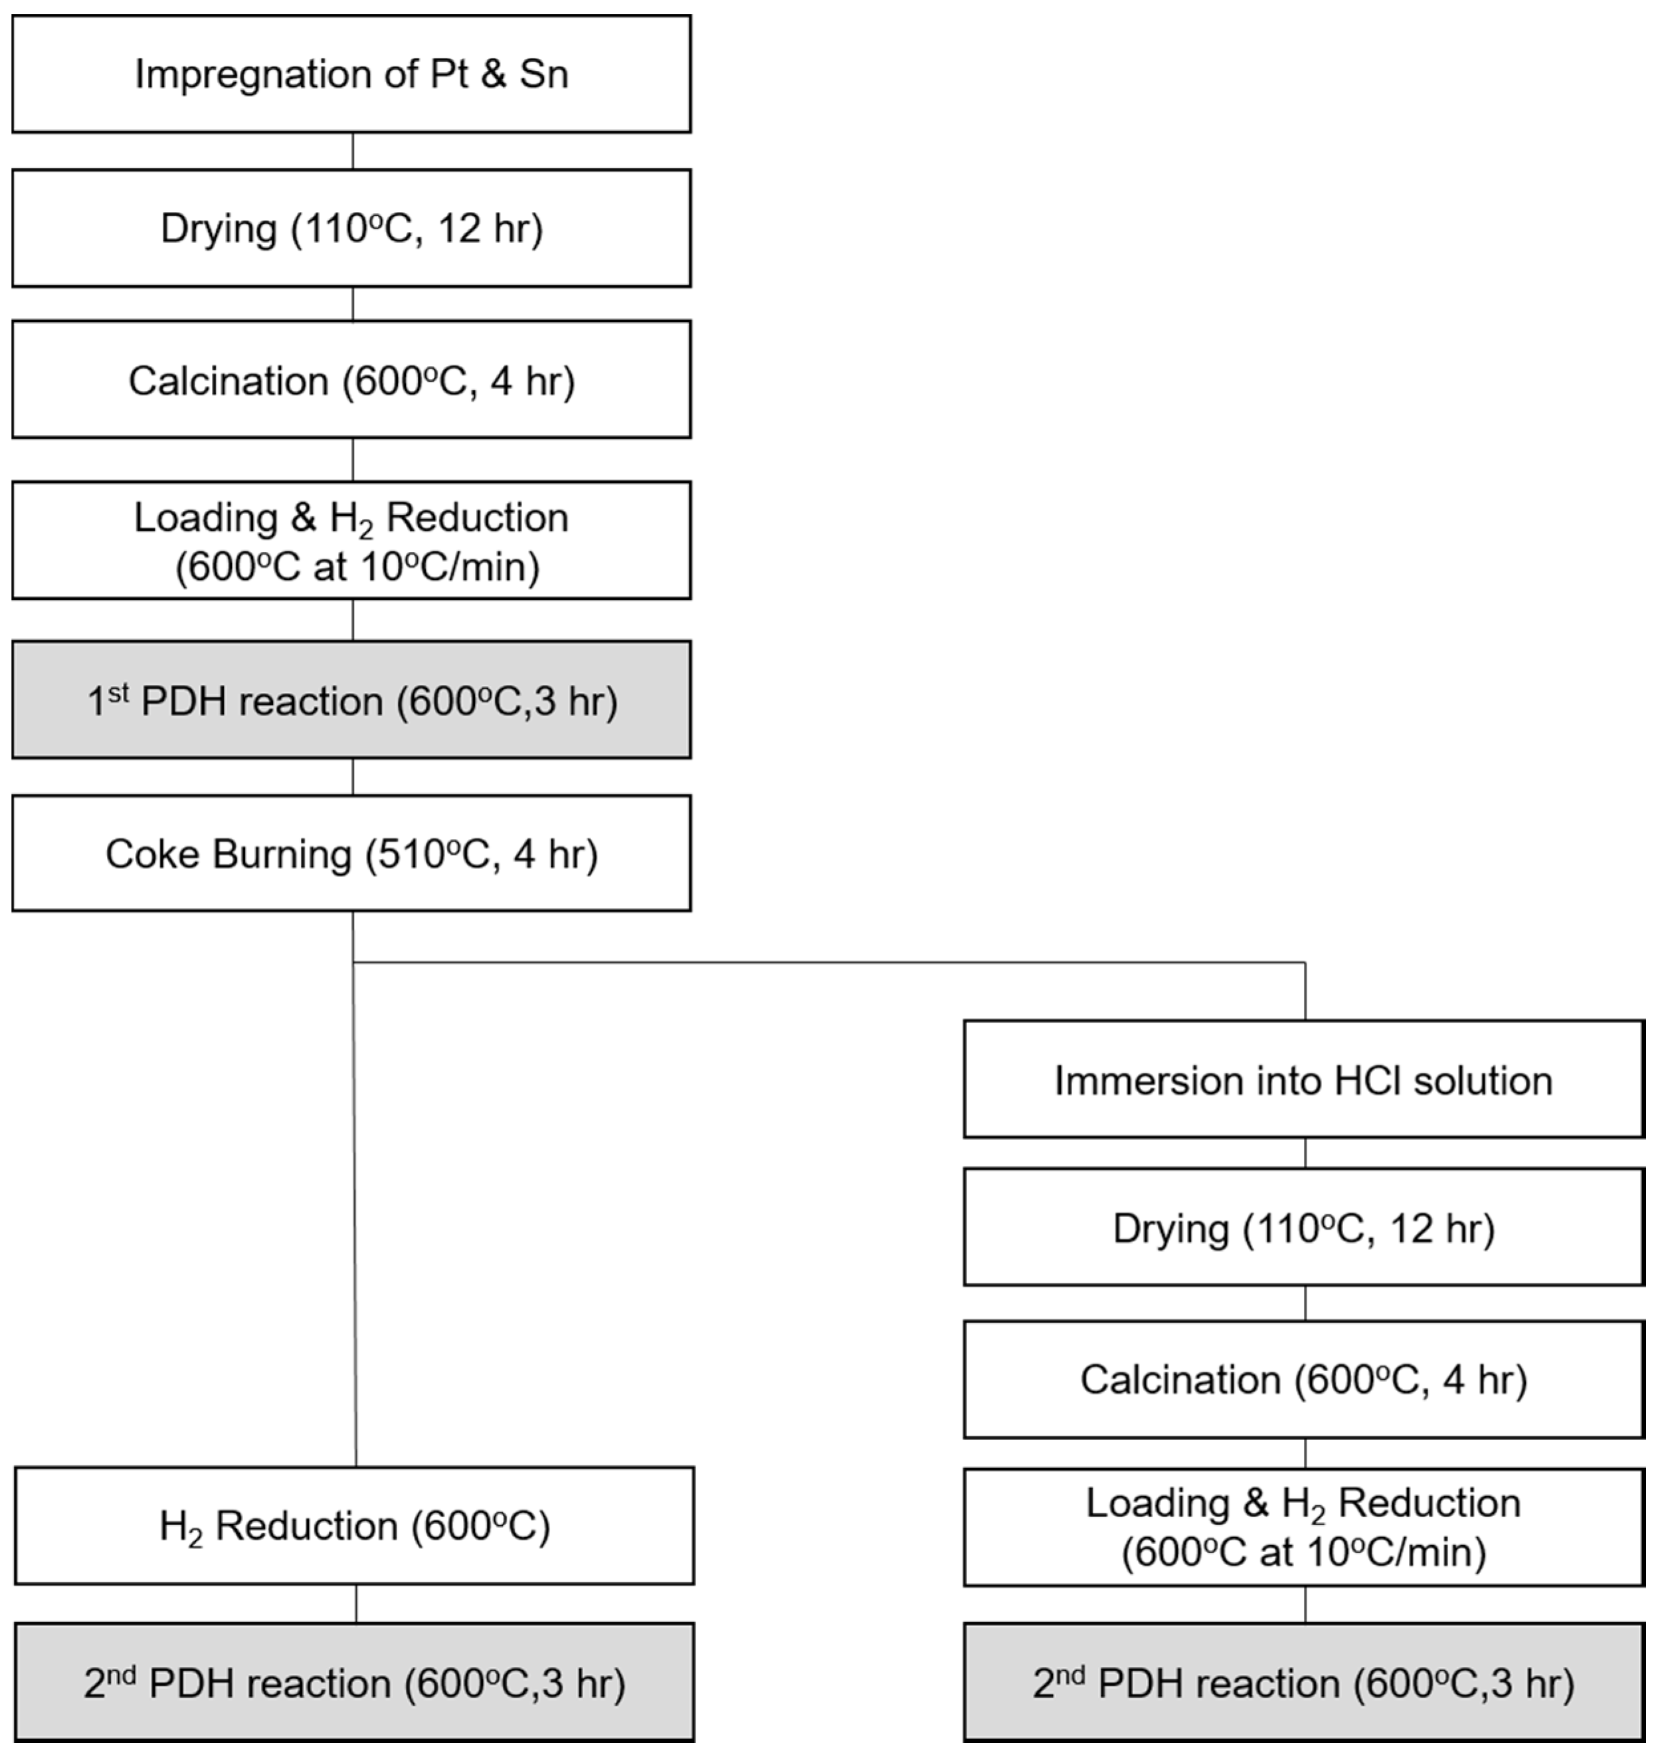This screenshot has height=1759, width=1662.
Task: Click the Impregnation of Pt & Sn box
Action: click(351, 74)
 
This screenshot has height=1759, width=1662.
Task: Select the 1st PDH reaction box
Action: click(351, 700)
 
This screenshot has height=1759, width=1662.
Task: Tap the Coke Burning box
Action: click(351, 854)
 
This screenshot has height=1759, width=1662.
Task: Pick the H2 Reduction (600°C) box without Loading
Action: click(354, 1526)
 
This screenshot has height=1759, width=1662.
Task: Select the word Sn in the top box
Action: click(543, 74)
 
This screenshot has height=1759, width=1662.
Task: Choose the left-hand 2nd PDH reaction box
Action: click(354, 1682)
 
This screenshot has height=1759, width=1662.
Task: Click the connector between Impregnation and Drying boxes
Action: click(353, 151)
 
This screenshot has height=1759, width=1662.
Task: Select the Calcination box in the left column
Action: click(351, 380)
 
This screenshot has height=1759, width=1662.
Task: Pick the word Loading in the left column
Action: click(205, 517)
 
